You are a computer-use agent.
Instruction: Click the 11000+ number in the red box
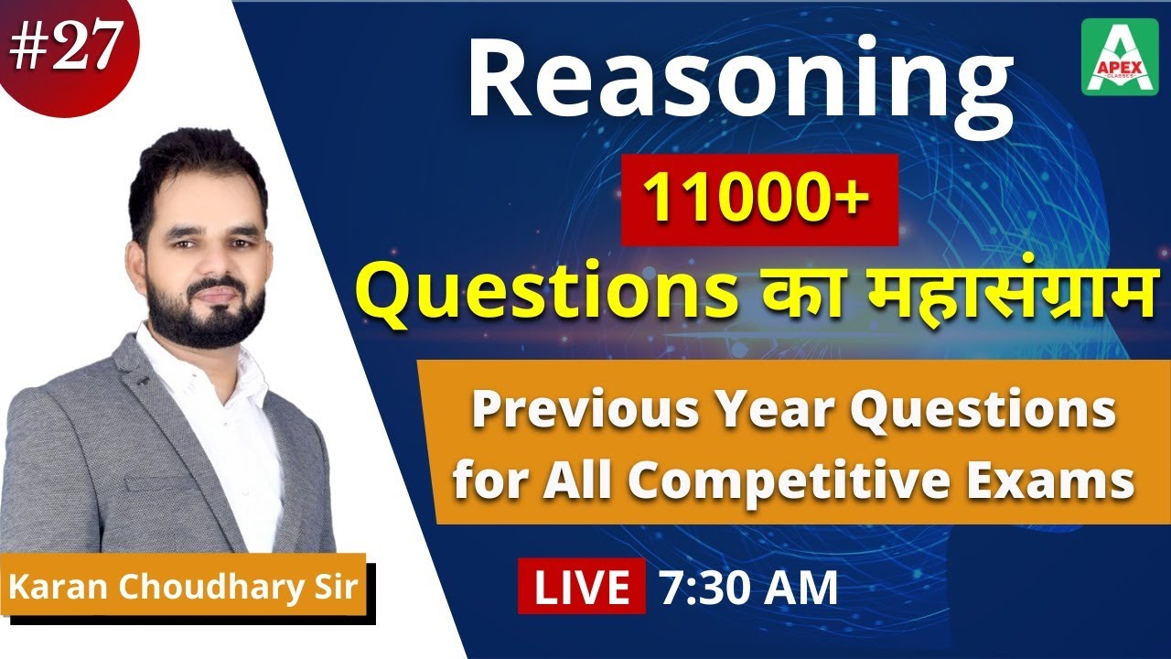(758, 199)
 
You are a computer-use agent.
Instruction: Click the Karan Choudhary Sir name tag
(183, 585)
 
